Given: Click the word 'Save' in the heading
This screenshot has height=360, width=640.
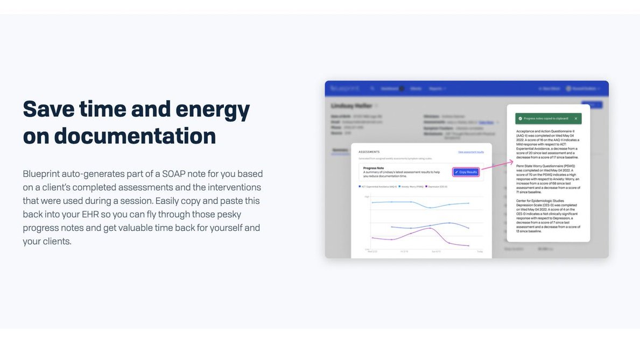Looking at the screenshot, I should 47,109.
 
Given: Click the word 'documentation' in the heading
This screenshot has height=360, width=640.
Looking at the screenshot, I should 135,136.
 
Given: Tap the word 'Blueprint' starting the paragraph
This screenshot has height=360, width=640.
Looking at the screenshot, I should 41,174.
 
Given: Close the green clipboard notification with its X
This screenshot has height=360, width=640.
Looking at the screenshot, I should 575,118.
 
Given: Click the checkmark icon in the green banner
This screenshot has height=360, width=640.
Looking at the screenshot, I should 519,118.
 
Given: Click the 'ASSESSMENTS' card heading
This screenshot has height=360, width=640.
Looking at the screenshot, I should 369,152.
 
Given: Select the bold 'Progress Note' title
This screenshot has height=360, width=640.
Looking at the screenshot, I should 374,167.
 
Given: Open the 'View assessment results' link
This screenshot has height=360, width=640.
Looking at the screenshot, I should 471,152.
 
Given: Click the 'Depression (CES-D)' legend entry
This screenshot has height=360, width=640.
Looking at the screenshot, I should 437,187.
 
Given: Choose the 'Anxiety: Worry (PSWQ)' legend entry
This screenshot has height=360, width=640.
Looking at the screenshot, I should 411,187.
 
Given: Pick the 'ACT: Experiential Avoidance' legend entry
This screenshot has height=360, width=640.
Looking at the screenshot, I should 378,187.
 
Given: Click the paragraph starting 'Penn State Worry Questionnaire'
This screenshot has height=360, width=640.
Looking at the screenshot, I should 548,179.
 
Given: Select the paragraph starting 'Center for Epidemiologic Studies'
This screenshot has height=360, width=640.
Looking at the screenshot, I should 548,218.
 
